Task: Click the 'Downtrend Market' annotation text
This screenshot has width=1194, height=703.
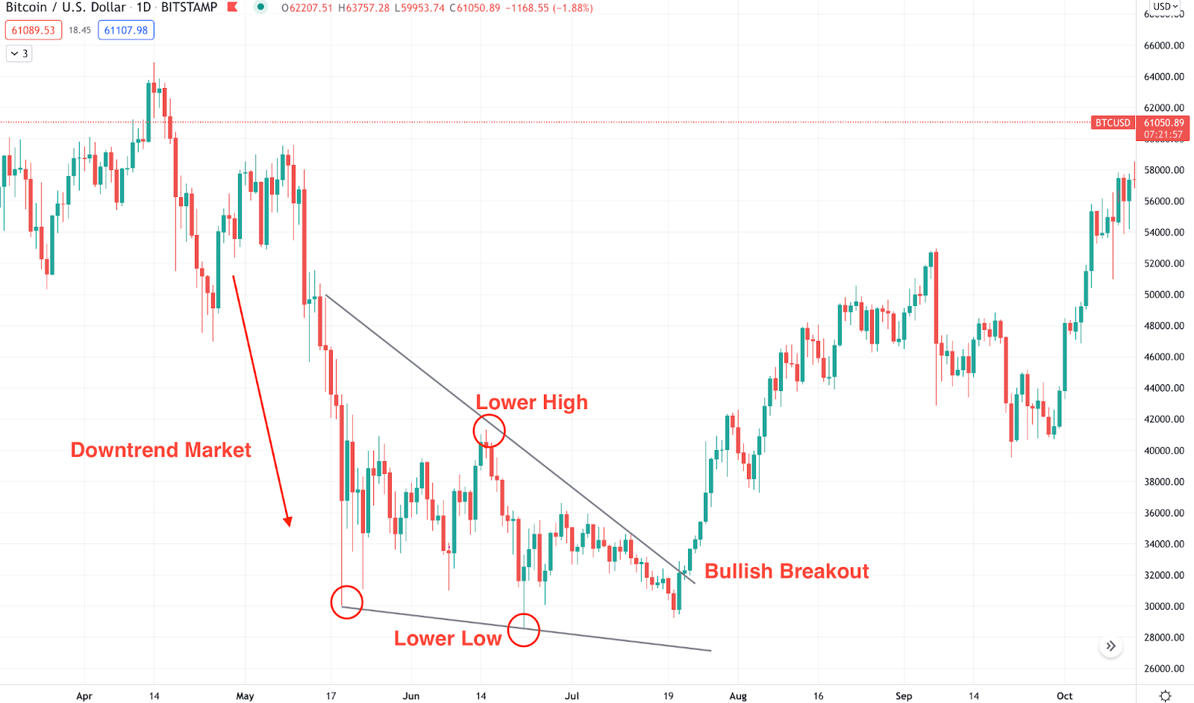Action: [160, 450]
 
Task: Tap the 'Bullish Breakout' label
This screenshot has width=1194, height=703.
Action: [787, 572]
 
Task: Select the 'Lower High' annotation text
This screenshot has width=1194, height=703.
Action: [531, 403]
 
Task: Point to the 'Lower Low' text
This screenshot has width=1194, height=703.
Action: [448, 639]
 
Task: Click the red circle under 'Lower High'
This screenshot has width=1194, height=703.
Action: [489, 431]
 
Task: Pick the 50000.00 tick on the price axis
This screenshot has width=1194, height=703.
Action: [1163, 295]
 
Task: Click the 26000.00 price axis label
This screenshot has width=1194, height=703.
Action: [1163, 669]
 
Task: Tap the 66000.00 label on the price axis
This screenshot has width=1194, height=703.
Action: [1163, 46]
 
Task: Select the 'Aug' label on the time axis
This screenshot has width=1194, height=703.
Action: [738, 696]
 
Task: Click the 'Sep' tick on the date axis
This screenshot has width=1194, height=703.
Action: [904, 696]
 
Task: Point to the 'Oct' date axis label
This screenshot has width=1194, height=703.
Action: [1065, 696]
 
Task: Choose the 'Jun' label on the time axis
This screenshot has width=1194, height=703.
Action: [411, 696]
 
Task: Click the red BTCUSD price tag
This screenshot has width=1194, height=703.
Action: [1113, 123]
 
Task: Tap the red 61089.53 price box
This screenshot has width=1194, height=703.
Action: [34, 31]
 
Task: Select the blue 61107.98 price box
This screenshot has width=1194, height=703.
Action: [126, 31]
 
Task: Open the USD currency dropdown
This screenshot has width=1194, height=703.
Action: [1165, 7]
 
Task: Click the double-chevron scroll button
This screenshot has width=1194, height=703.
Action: [1111, 646]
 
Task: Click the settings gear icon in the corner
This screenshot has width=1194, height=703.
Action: [1165, 696]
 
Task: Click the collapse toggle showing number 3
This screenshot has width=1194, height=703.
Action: [19, 54]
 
